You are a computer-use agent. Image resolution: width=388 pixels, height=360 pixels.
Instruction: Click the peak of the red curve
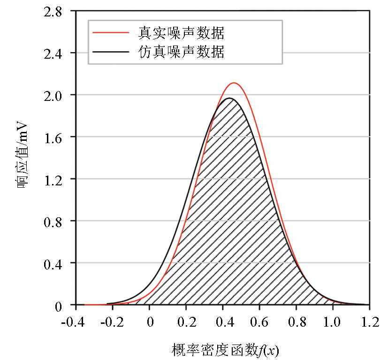(234, 83)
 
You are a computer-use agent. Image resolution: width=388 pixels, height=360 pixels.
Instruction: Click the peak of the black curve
(228, 98)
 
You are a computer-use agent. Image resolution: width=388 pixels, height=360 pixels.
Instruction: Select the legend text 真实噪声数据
(181, 33)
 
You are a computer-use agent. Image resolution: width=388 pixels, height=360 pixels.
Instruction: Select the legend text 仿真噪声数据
(181, 52)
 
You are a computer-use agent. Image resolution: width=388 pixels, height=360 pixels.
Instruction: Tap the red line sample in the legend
(111, 33)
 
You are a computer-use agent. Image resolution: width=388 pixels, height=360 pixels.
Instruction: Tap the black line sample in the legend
(111, 52)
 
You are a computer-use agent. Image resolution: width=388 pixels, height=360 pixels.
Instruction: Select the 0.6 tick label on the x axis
(259, 323)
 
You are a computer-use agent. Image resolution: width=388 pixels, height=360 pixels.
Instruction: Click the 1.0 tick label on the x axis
(333, 323)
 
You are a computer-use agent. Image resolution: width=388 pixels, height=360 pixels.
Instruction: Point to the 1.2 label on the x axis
(369, 323)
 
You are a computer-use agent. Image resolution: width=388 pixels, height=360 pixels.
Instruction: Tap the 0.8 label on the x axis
(296, 323)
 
